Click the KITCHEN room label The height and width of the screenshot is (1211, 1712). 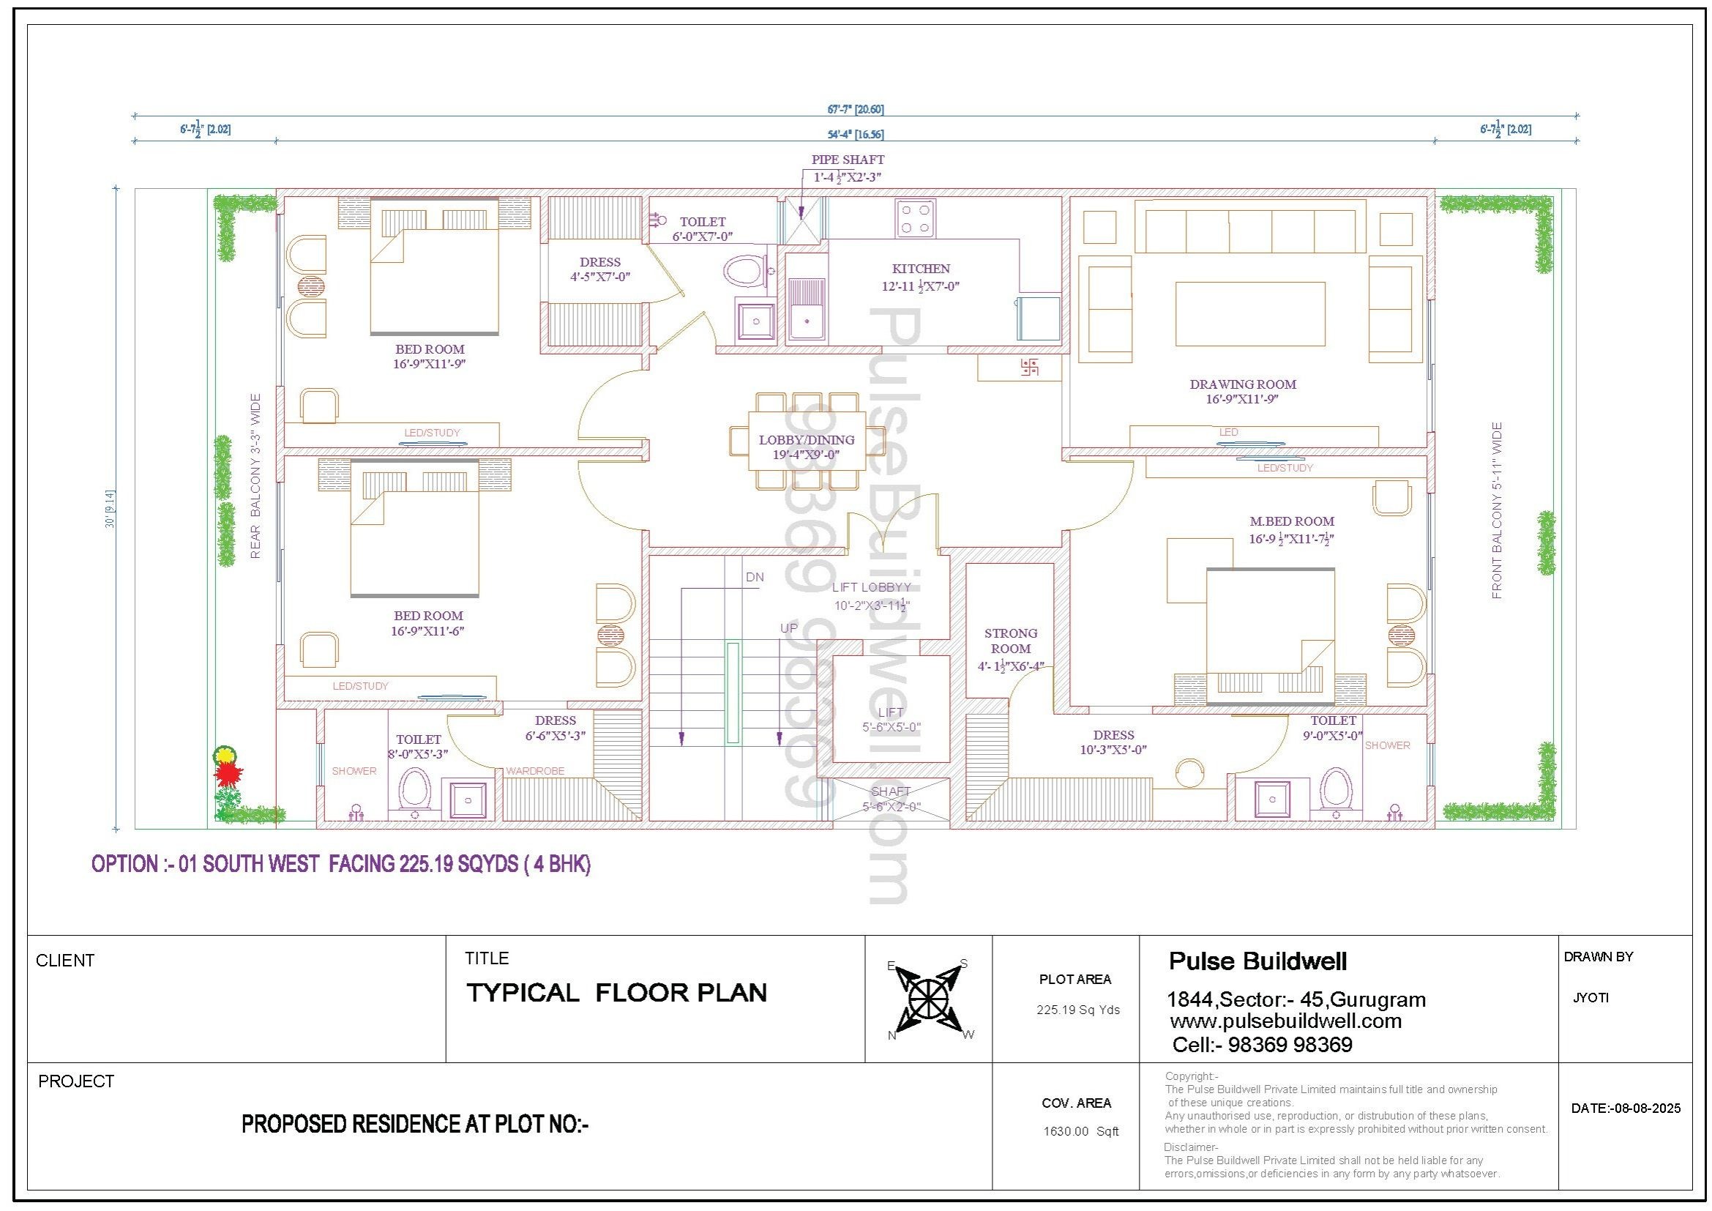[x=921, y=269]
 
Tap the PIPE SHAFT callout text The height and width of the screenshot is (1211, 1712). [x=848, y=160]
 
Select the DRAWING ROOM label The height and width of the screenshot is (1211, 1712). [x=1242, y=384]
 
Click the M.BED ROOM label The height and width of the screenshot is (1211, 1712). [x=1291, y=521]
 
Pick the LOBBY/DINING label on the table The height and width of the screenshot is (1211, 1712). [x=807, y=440]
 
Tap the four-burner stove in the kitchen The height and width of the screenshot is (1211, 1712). [x=916, y=218]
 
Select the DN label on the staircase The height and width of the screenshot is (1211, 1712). [x=755, y=577]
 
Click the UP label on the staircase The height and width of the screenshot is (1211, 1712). [x=789, y=629]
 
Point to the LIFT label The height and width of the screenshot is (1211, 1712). [x=890, y=712]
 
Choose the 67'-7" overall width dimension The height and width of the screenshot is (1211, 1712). [x=855, y=110]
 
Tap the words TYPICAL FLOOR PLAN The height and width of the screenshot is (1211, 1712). [x=616, y=993]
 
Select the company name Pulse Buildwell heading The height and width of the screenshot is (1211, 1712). [x=1258, y=961]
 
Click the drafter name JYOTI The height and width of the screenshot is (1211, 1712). [x=1590, y=998]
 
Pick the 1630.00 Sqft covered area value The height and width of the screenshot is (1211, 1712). [x=1081, y=1131]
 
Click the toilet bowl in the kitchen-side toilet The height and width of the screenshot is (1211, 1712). [x=746, y=272]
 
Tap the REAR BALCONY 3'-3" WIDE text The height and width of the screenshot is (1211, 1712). [x=255, y=476]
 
